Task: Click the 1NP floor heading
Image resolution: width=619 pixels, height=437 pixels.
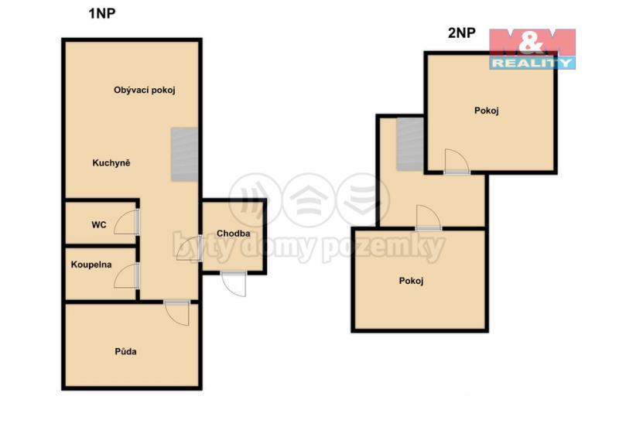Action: [x=102, y=13]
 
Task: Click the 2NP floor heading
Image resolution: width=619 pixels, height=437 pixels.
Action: [x=461, y=32]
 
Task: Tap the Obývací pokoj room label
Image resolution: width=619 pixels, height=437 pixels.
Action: [x=145, y=90]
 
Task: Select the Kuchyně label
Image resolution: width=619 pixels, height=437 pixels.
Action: [x=111, y=162]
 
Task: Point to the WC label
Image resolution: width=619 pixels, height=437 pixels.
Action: [x=99, y=225]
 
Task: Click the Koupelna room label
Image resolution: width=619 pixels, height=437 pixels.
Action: [x=91, y=265]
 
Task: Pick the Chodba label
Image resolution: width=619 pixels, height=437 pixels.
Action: [x=234, y=234]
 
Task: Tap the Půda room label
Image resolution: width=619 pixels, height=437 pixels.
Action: [x=126, y=351]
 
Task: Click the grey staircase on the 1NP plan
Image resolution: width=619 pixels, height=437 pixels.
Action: [x=184, y=155]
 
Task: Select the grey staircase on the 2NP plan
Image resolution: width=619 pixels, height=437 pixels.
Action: [x=410, y=144]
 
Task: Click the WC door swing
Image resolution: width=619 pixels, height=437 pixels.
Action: [x=126, y=222]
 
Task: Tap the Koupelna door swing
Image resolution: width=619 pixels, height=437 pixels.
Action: [x=126, y=275]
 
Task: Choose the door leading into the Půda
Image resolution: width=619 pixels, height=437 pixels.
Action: [x=177, y=312]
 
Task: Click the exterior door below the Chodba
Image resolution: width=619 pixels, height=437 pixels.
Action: [x=234, y=283]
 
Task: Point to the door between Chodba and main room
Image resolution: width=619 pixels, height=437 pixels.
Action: [x=190, y=248]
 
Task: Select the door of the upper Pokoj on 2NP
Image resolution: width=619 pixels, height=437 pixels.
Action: [x=457, y=161]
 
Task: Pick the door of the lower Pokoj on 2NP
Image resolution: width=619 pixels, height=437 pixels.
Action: [x=429, y=217]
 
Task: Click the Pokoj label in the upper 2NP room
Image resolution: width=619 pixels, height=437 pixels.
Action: [x=487, y=111]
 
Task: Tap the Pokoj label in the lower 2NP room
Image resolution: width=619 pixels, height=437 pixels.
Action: [x=411, y=281]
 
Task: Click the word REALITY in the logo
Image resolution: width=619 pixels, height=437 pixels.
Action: [x=532, y=63]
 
